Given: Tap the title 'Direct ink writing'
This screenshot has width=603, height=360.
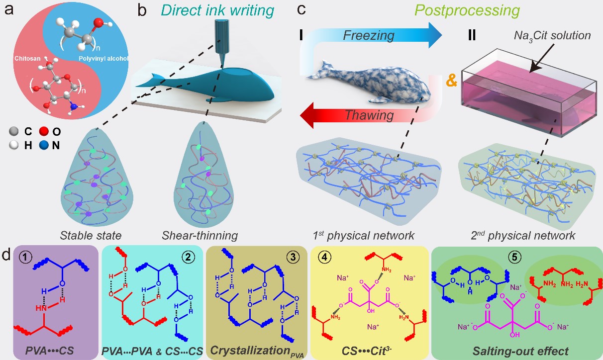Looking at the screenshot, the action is pyautogui.click(x=217, y=11).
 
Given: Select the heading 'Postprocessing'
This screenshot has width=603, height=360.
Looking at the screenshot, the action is pyautogui.click(x=467, y=11).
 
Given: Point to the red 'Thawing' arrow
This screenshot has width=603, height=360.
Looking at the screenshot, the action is pyautogui.click(x=372, y=115).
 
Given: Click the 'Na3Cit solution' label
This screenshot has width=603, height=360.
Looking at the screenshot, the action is pyautogui.click(x=552, y=35).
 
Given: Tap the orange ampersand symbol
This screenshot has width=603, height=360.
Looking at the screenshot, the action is pyautogui.click(x=451, y=80).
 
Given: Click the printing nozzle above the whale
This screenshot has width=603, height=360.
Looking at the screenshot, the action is pyautogui.click(x=222, y=43).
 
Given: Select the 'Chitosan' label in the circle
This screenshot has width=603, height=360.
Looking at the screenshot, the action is pyautogui.click(x=27, y=58).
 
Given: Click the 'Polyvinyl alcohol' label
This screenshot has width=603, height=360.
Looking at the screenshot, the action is pyautogui.click(x=103, y=58).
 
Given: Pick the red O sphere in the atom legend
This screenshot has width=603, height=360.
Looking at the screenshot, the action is pyautogui.click(x=44, y=131).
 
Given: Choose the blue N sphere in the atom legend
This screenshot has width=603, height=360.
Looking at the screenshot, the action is pyautogui.click(x=44, y=145).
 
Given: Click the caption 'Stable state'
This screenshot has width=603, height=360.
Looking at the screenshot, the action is pyautogui.click(x=91, y=235).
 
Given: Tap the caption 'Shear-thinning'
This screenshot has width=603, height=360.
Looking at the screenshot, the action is pyautogui.click(x=200, y=235).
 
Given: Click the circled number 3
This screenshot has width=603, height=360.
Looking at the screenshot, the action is pyautogui.click(x=293, y=257).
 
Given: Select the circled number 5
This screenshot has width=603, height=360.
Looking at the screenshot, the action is pyautogui.click(x=514, y=257).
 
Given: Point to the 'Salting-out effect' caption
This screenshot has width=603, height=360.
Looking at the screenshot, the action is pyautogui.click(x=520, y=351).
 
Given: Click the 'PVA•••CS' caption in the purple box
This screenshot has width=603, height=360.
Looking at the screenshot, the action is pyautogui.click(x=49, y=351).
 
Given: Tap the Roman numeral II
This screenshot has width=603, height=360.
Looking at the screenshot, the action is pyautogui.click(x=472, y=35).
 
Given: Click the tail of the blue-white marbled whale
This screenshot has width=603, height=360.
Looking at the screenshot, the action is pyautogui.click(x=322, y=71).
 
